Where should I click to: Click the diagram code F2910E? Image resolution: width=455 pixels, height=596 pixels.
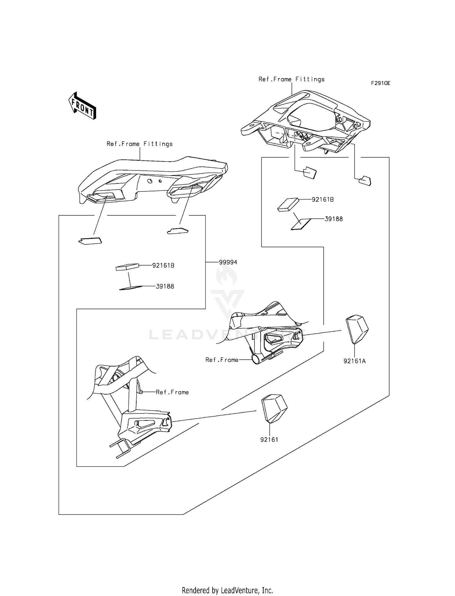[x=381, y=83]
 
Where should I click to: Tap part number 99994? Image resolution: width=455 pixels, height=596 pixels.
[x=228, y=262]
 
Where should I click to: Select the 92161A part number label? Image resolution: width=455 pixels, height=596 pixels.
[x=354, y=361]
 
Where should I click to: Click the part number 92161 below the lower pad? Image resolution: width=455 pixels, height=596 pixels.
[x=269, y=440]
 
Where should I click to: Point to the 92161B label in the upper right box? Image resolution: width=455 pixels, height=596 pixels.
[x=323, y=200]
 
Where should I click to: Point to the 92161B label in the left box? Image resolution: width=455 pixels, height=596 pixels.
[x=163, y=265]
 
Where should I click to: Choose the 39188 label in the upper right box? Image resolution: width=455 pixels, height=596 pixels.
[x=334, y=219]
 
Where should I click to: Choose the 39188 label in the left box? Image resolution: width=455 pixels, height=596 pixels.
[x=165, y=286]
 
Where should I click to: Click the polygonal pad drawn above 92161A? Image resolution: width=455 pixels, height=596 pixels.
[x=357, y=329]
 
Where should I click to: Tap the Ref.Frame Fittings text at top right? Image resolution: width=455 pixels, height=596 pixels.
[x=292, y=79]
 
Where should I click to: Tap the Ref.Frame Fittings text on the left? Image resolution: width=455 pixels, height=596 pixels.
[x=140, y=144]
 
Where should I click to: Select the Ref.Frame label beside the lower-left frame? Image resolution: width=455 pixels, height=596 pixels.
[x=172, y=392]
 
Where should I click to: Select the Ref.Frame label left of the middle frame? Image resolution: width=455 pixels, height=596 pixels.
[x=222, y=360]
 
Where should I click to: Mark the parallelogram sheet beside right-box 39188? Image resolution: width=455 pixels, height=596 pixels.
[x=301, y=224]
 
